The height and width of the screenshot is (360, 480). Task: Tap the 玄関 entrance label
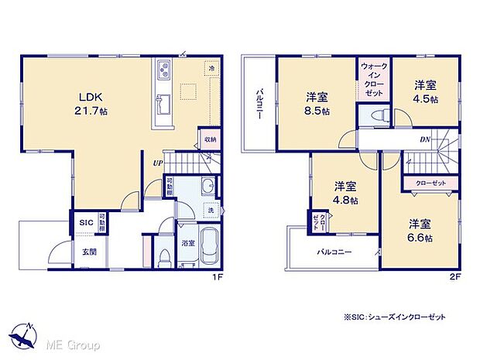coord(90,252)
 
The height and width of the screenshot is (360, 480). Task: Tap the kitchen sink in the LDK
coord(164,102)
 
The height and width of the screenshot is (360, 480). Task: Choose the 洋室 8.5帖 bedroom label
coord(316,104)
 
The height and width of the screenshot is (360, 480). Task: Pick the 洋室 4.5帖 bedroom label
coord(425,91)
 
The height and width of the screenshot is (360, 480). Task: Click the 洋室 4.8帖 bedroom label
coord(346,193)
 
